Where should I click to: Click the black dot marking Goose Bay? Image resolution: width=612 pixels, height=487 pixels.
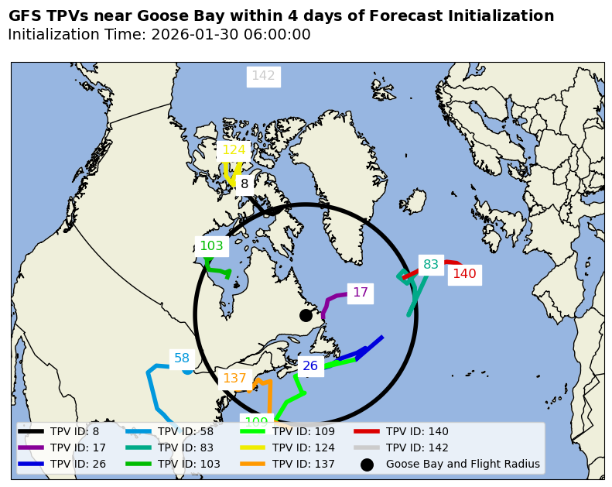(x=306, y=315)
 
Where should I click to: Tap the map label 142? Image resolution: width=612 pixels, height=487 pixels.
(x=263, y=76)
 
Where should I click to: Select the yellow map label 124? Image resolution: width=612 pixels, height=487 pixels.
(x=234, y=150)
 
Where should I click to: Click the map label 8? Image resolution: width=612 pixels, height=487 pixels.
(x=244, y=184)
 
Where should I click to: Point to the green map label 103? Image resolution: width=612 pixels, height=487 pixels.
(x=211, y=246)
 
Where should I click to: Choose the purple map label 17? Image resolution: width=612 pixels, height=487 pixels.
(x=361, y=293)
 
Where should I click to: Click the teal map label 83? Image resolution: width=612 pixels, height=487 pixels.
(x=431, y=265)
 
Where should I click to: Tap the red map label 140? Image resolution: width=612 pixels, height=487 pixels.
(x=464, y=274)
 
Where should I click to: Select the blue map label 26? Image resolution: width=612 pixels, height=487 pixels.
(x=310, y=366)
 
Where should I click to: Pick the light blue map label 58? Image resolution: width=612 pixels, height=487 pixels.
(x=182, y=358)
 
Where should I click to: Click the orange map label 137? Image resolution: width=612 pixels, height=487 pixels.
(x=234, y=379)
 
